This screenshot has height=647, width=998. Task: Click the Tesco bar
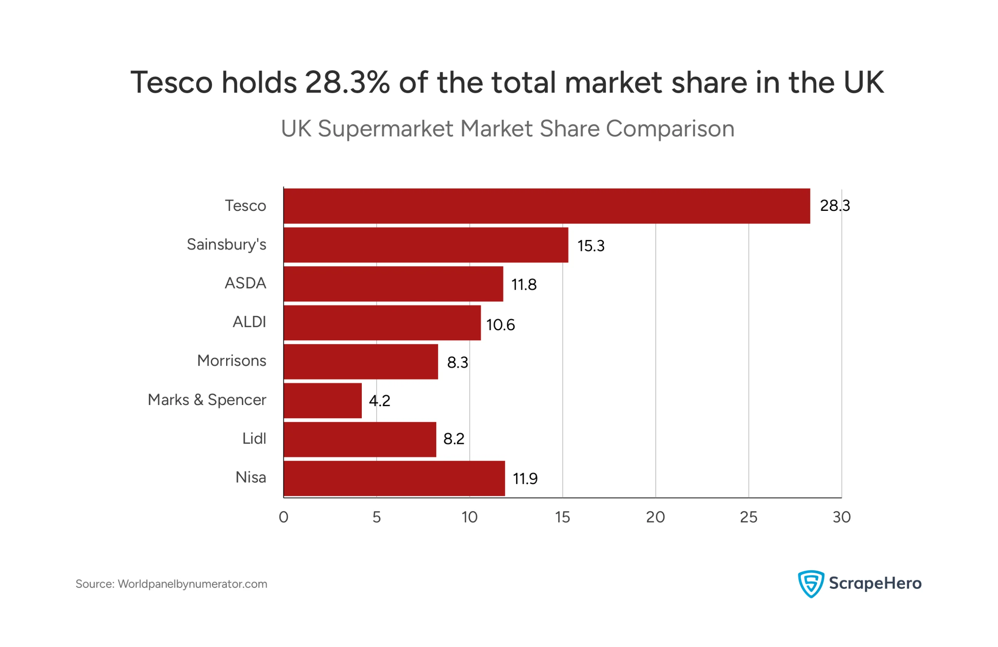point(547,206)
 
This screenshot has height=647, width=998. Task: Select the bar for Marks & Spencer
point(322,400)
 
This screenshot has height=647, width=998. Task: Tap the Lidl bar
point(360,439)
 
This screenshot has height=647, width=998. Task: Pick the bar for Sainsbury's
point(426,245)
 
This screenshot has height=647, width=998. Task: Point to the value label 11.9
point(525,479)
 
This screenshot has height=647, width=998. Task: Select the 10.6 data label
point(500,325)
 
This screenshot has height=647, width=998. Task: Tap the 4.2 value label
point(379,401)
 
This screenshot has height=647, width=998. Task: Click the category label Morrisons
point(232,361)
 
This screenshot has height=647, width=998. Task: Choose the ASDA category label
point(245,283)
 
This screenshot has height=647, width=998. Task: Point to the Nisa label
point(251,477)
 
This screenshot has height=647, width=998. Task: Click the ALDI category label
point(249,322)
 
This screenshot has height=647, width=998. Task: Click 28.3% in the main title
point(347,82)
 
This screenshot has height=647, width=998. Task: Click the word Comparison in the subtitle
point(670,129)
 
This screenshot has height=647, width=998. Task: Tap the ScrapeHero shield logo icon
point(810,584)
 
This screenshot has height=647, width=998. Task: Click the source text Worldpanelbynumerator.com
point(193,584)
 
